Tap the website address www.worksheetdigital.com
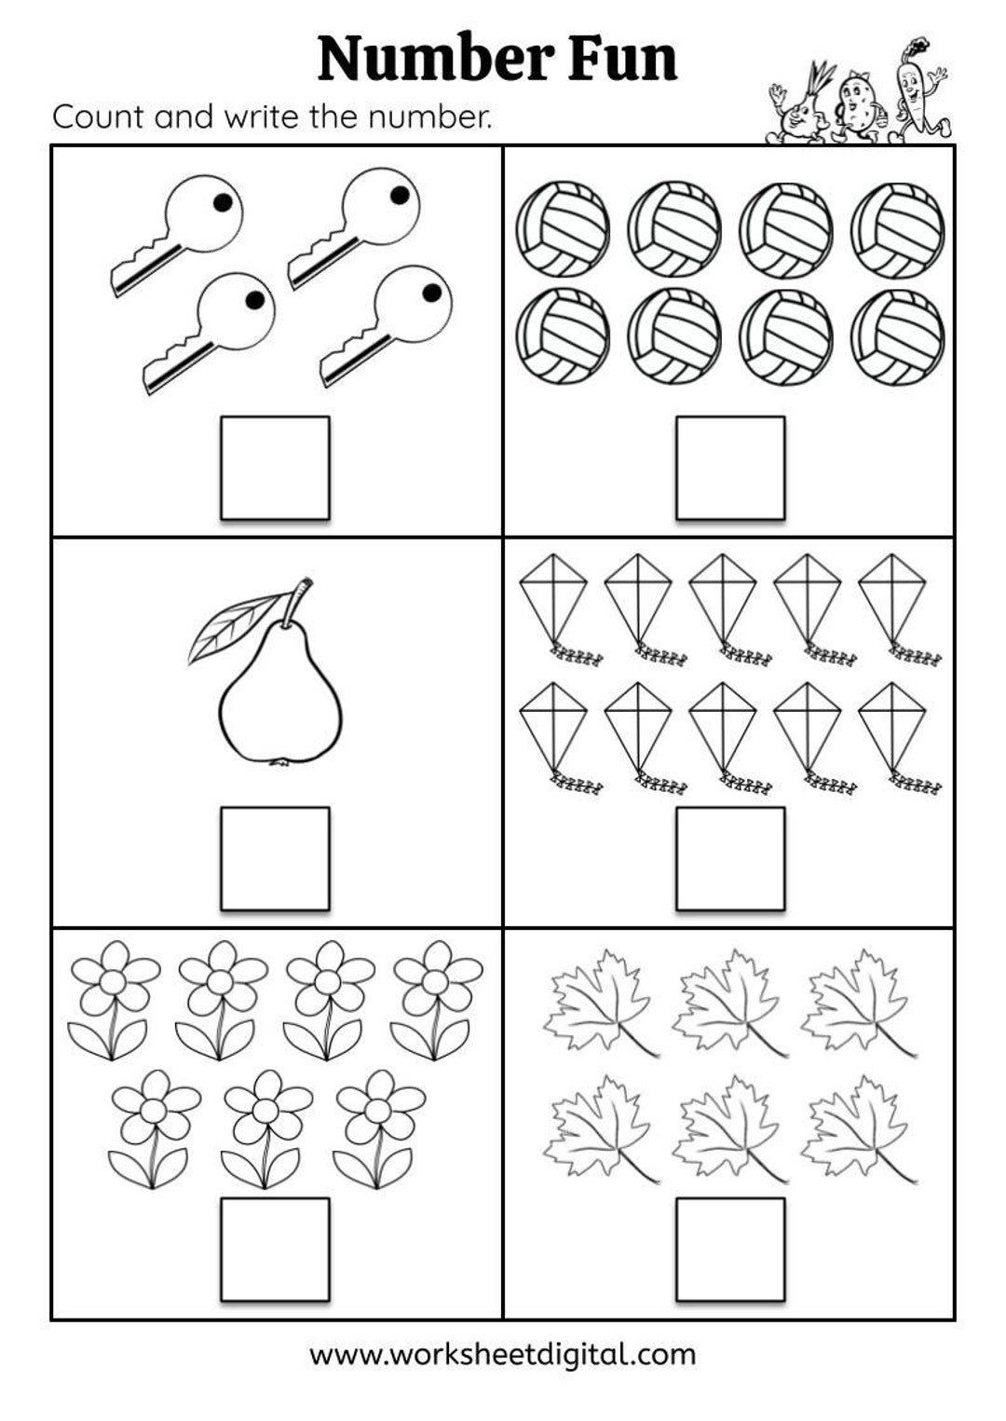[x=502, y=1353]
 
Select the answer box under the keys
[x=275, y=468]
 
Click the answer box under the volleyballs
[x=730, y=468]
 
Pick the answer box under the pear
[x=275, y=858]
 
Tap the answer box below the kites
[x=730, y=858]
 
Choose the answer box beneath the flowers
[x=275, y=1249]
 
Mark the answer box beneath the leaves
[x=730, y=1249]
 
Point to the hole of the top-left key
[x=221, y=202]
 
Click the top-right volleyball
[x=898, y=229]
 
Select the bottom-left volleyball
[x=563, y=335]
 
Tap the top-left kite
[x=553, y=596]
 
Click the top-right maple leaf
[x=855, y=1002]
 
